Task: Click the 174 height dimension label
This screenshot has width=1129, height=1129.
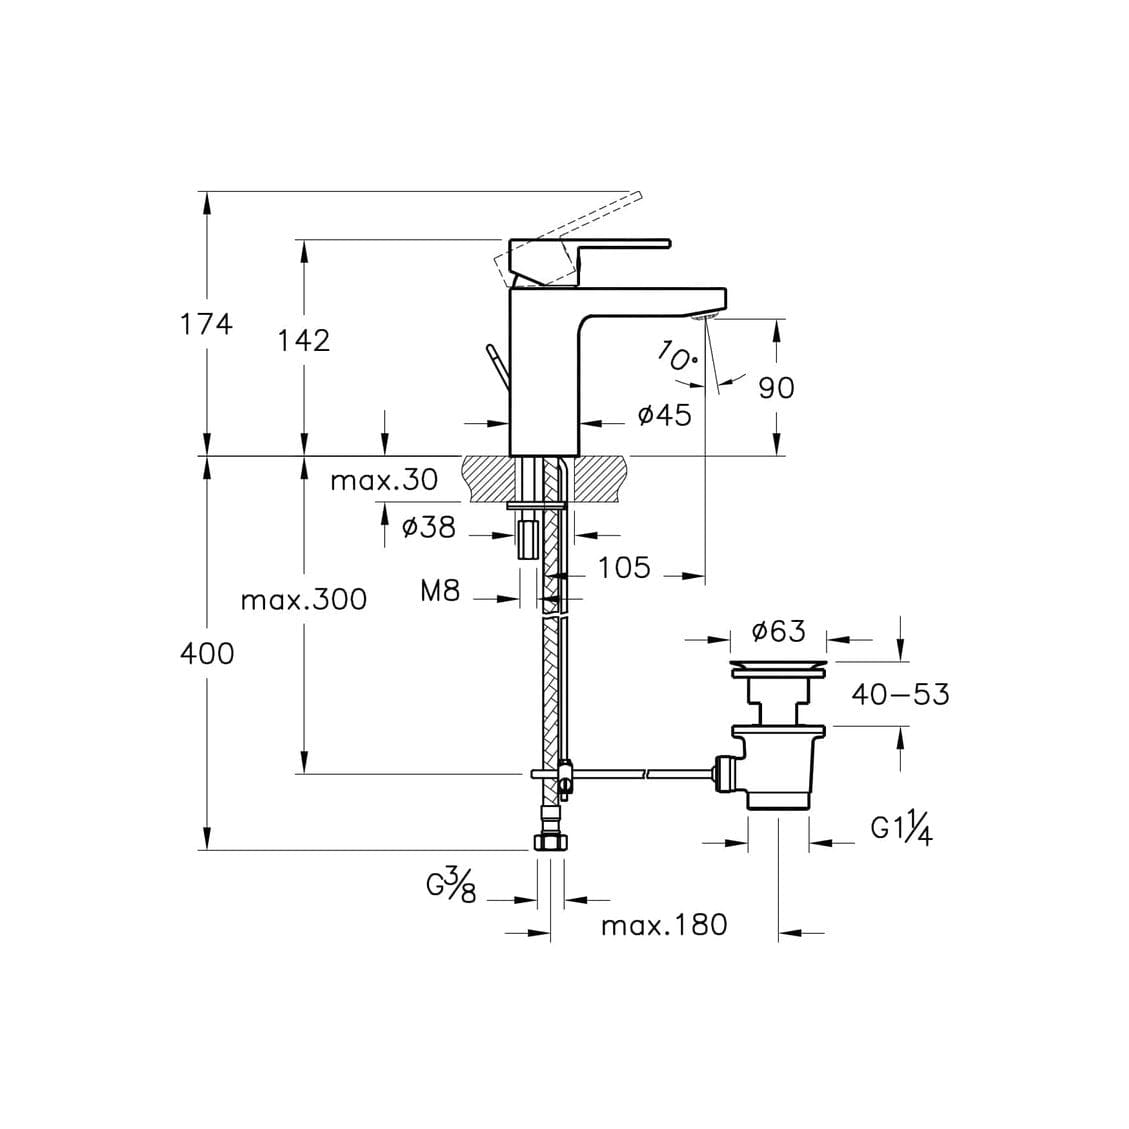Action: click(206, 325)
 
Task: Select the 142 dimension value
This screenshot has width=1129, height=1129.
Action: click(304, 341)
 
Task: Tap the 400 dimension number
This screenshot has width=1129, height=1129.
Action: click(207, 654)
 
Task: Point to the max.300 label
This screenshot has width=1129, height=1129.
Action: click(304, 599)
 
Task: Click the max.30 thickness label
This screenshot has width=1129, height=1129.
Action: click(384, 480)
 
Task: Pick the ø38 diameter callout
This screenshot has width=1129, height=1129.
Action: click(428, 527)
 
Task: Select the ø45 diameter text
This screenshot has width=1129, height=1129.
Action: click(665, 415)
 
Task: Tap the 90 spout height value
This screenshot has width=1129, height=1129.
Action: click(776, 388)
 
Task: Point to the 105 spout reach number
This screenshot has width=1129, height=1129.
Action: click(624, 567)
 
